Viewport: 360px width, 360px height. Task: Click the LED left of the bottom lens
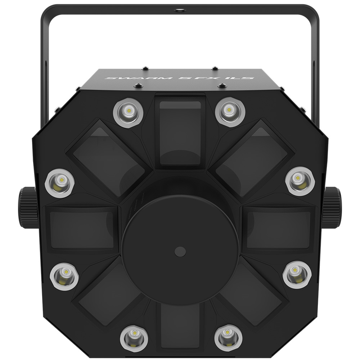click(134, 337)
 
